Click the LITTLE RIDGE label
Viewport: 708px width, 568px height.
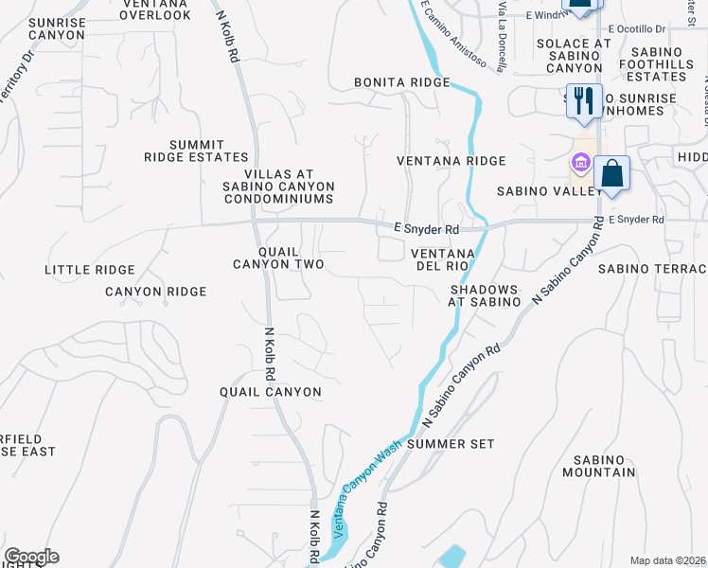pos(90,270)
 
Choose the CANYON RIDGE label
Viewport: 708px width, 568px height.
pos(155,292)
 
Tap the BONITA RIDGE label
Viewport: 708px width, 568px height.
pos(402,83)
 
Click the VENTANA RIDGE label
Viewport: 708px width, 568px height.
pos(451,161)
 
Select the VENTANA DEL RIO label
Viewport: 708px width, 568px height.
pos(442,260)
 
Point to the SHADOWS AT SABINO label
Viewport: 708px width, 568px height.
pos(485,295)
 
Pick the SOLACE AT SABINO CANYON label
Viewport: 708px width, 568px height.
pos(574,56)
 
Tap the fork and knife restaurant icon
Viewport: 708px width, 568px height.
pos(583,100)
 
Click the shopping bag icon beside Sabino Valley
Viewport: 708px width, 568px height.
pos(611,174)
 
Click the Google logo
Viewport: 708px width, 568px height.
pos(31,557)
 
